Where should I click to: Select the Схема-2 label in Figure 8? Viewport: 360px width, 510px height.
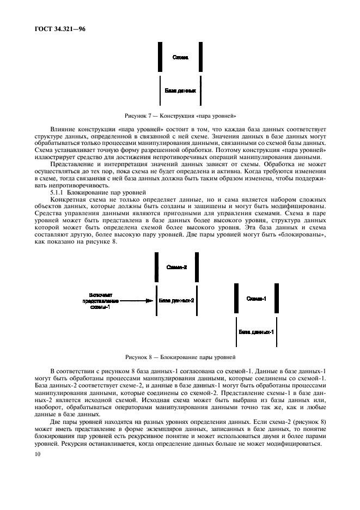(177, 268)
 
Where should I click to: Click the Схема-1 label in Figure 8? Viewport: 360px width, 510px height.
(256, 299)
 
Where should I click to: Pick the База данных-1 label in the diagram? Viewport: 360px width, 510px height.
(256, 331)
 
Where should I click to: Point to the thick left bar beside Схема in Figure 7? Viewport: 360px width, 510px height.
(159, 57)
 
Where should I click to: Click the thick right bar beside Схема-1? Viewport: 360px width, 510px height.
(277, 299)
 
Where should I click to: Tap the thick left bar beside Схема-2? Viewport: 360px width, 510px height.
(156, 268)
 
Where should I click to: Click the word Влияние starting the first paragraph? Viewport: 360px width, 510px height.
(63, 127)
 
